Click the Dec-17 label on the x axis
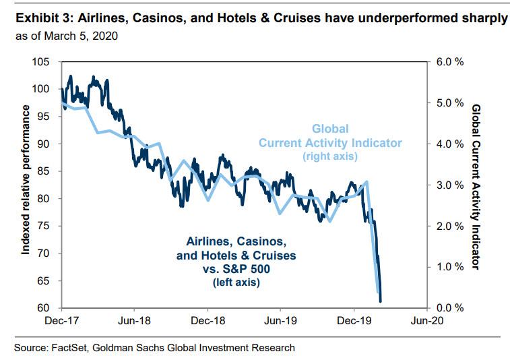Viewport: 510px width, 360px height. [x=61, y=322]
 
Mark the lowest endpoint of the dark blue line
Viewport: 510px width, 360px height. [x=381, y=301]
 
